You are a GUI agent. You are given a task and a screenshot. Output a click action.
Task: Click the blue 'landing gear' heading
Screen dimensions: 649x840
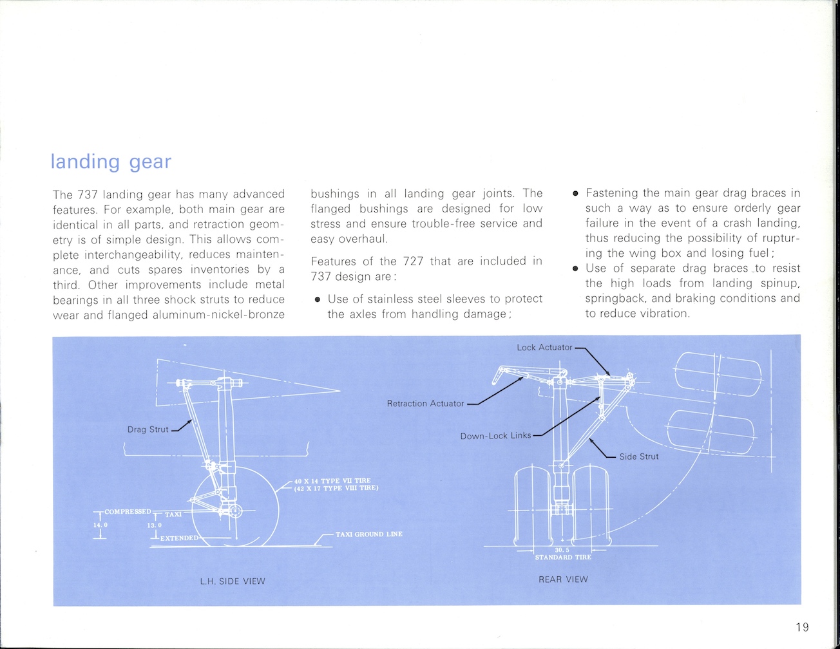click(x=111, y=161)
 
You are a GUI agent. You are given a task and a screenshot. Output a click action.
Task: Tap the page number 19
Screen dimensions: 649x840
click(x=802, y=627)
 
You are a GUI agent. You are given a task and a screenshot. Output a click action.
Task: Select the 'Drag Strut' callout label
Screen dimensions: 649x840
click(x=148, y=429)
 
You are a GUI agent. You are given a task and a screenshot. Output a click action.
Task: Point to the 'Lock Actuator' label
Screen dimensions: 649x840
click(x=544, y=348)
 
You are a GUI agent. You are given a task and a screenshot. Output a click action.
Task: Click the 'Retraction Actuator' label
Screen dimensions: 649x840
click(x=425, y=404)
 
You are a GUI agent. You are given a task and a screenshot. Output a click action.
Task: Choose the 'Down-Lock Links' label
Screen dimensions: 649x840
click(x=495, y=436)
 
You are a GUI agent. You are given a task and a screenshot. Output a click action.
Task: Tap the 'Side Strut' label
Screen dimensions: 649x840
click(x=639, y=456)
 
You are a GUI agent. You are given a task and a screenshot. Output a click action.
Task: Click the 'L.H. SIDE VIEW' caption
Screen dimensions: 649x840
click(x=233, y=581)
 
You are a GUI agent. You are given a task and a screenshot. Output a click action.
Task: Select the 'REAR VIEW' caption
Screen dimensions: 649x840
click(x=563, y=579)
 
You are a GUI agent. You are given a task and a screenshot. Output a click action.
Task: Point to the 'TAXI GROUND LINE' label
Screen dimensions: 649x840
click(x=369, y=534)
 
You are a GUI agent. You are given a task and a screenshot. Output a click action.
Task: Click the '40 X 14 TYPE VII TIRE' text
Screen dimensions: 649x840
click(x=332, y=481)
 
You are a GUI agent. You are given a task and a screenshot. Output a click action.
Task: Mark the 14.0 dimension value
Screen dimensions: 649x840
click(x=100, y=525)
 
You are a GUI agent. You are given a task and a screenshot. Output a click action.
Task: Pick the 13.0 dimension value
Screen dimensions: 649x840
click(x=154, y=525)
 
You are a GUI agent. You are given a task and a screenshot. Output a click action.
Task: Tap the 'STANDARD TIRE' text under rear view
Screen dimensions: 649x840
click(x=563, y=558)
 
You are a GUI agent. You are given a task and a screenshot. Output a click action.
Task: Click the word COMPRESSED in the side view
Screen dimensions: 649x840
click(x=128, y=512)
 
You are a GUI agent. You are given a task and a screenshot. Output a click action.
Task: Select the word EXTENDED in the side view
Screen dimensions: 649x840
click(x=179, y=538)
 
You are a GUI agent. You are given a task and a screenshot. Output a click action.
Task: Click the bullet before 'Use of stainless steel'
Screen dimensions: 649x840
click(x=317, y=299)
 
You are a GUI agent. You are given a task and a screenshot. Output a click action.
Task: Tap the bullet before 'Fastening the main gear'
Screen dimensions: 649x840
click(x=575, y=193)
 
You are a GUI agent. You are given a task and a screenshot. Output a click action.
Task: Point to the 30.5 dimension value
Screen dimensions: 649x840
click(x=562, y=550)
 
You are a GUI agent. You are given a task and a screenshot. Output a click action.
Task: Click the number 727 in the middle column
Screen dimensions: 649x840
click(x=412, y=261)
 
